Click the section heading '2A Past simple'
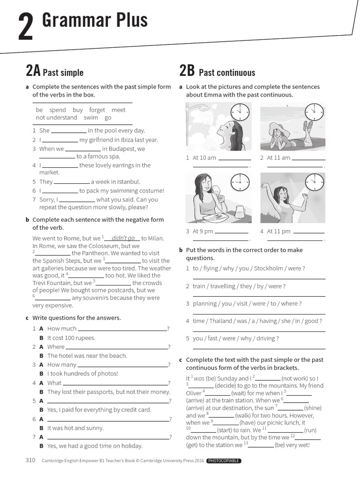tap(54, 72)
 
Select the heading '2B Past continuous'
tap(217, 72)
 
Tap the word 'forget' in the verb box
tap(97, 110)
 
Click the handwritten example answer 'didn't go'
tap(123, 238)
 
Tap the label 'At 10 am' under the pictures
tap(204, 157)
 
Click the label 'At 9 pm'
tap(203, 231)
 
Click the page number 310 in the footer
tap(30, 460)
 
